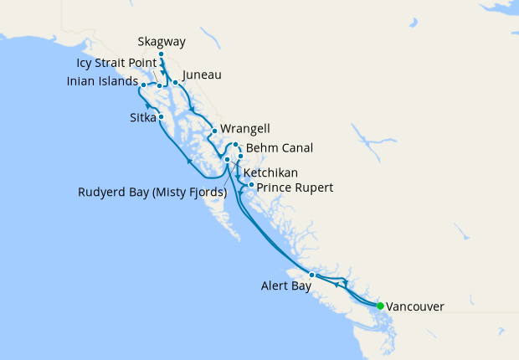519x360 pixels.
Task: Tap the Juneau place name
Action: [201, 75]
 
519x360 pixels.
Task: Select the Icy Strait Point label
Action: [115, 63]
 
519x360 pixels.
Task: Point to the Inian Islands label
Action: [102, 82]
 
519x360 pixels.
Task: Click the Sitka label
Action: [143, 117]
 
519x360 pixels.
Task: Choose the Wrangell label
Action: [246, 130]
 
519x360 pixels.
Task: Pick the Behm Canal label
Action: [280, 148]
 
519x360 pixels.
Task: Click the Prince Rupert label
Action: [295, 188]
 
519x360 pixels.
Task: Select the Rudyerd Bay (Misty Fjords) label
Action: [152, 192]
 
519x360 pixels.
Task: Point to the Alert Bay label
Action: [285, 286]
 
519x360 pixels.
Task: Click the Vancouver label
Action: [415, 307]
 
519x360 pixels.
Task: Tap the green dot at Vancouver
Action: [380, 306]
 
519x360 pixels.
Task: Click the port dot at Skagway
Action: [161, 54]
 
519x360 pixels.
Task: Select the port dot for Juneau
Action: [175, 83]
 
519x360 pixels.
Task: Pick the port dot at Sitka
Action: [161, 117]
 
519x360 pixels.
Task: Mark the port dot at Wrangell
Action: [215, 131]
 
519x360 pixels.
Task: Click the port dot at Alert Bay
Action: [311, 275]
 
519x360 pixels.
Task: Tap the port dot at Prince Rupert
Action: [251, 183]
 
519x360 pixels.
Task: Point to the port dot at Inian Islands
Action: [144, 85]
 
